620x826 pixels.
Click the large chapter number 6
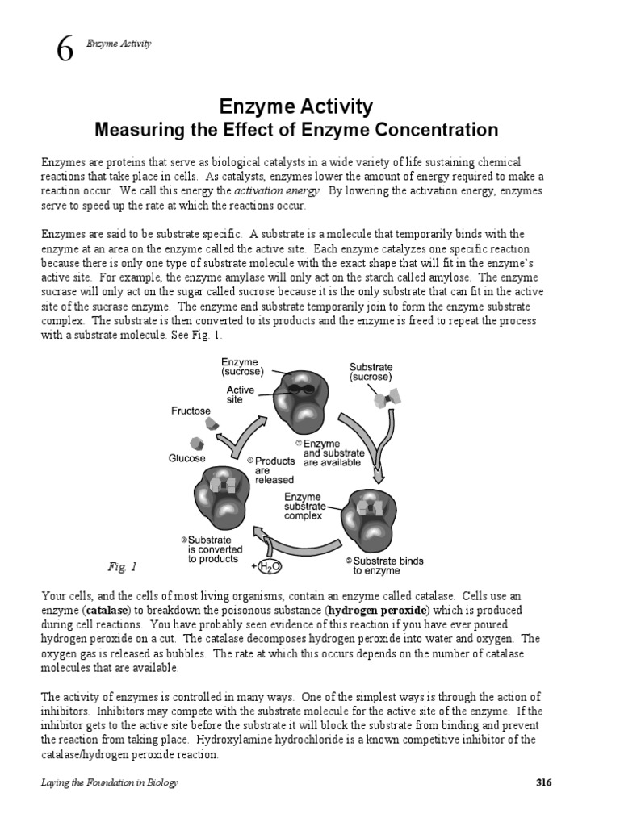pyautogui.click(x=65, y=50)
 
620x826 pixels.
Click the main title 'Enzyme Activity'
pyautogui.click(x=296, y=106)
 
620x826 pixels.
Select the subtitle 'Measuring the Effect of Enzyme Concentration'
pyautogui.click(x=296, y=129)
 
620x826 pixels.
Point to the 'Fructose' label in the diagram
pyautogui.click(x=191, y=410)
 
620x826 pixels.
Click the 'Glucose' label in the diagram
pyautogui.click(x=186, y=458)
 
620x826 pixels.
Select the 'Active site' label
pyautogui.click(x=240, y=394)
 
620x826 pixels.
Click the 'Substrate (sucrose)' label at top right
pyautogui.click(x=371, y=370)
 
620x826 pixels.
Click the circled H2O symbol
pyautogui.click(x=269, y=567)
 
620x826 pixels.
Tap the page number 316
pyautogui.click(x=543, y=783)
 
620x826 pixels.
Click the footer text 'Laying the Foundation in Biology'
pyautogui.click(x=109, y=783)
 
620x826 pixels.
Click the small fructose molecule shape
pyautogui.click(x=212, y=423)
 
